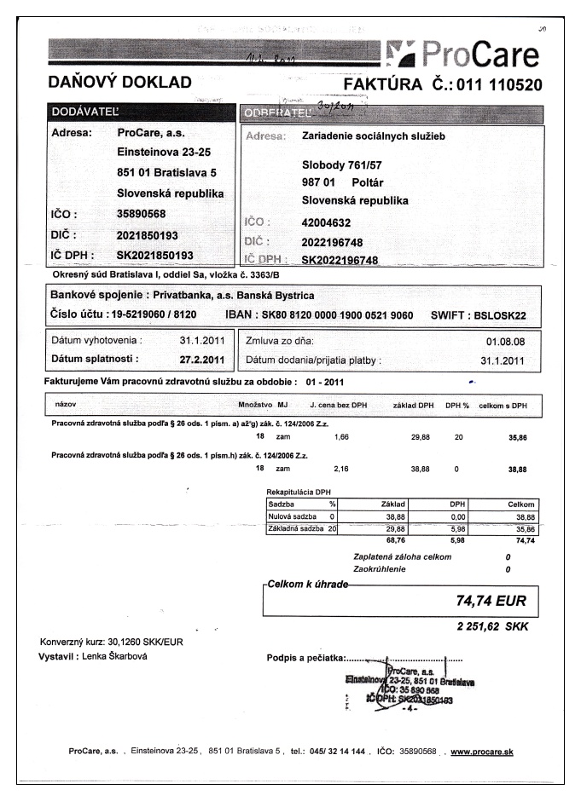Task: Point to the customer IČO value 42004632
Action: [328, 222]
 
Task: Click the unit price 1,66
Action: [343, 435]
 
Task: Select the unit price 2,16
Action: [343, 469]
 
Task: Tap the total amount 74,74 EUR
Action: [490, 602]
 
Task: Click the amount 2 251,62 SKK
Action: [491, 627]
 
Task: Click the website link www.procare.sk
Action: [481, 752]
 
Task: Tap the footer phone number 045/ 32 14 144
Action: [339, 752]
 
